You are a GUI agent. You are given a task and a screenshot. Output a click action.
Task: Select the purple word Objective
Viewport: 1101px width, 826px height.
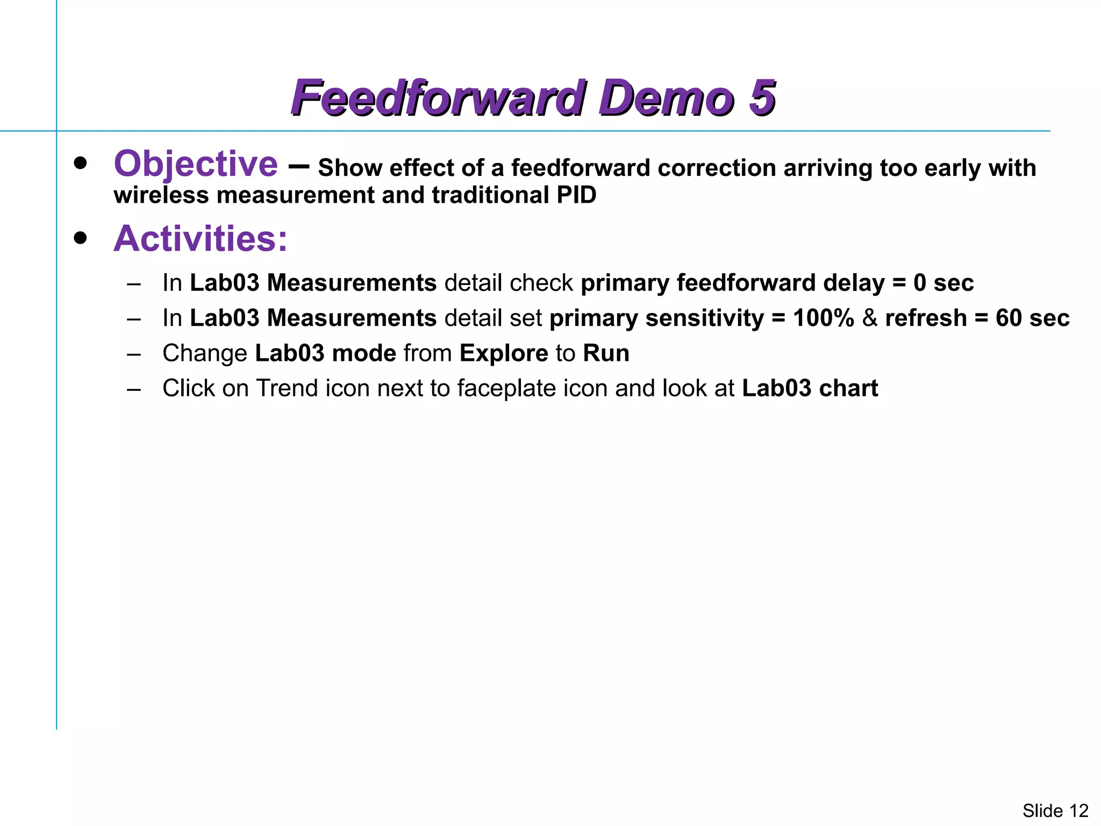click(196, 163)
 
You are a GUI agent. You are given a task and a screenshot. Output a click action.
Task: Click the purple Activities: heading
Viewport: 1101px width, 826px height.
click(201, 238)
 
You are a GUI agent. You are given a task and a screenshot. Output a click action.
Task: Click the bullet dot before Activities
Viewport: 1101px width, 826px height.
click(81, 238)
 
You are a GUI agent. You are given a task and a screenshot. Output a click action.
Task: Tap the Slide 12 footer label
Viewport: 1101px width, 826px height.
click(1055, 810)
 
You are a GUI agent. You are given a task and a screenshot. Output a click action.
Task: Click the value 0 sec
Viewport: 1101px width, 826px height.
click(943, 283)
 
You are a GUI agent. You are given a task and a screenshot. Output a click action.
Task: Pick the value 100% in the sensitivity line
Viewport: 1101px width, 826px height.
click(823, 318)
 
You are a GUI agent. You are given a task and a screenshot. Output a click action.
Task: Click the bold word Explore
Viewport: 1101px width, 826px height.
click(504, 353)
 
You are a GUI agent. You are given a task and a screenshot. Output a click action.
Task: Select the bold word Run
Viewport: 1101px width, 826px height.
click(606, 353)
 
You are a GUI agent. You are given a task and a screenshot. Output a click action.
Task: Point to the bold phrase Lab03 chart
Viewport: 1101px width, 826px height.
click(810, 388)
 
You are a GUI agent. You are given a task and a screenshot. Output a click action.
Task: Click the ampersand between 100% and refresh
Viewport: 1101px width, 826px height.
click(869, 318)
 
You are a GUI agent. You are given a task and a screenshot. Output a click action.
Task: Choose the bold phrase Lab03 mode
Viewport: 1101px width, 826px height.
click(325, 353)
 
